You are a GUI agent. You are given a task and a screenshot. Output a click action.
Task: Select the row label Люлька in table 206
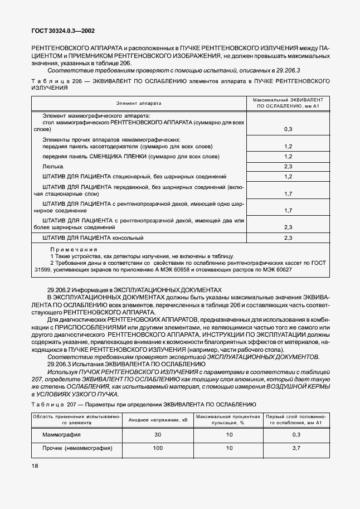point(53,167)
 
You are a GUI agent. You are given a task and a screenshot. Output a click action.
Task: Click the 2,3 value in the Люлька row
point(288,167)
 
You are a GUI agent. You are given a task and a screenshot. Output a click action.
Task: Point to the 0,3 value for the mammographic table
point(288,129)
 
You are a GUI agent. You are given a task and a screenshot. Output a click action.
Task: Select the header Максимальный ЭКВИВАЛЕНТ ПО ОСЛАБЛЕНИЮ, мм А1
point(288,103)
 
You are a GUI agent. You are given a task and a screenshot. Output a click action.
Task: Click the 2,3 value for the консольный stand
point(288,238)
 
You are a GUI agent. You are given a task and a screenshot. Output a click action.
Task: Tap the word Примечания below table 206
point(74,249)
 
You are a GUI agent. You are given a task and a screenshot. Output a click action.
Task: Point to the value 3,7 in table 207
point(296,448)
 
